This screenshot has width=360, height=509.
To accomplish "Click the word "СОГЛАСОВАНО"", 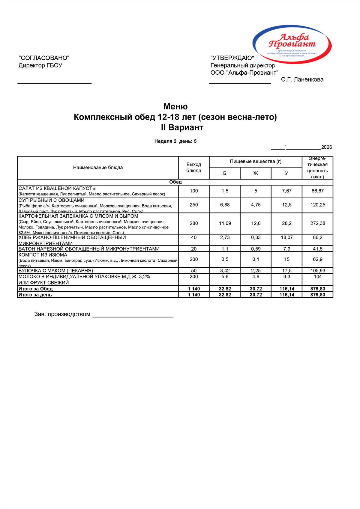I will (x=44, y=58).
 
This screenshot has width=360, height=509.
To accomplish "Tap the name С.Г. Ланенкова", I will (x=302, y=79).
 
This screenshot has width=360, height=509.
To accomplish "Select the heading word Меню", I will (x=175, y=106).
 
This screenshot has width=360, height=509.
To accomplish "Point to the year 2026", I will (x=326, y=147).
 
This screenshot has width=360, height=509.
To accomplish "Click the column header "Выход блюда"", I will (x=194, y=168).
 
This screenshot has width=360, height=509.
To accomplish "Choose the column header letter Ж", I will (x=256, y=173).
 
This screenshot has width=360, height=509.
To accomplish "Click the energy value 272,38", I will (x=318, y=223).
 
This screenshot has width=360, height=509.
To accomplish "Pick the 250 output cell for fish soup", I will (x=194, y=205).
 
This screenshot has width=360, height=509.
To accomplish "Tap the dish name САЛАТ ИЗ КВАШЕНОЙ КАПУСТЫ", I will (x=58, y=189).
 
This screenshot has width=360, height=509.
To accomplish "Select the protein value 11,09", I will (x=225, y=223).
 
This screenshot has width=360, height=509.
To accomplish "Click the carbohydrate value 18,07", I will (x=286, y=237).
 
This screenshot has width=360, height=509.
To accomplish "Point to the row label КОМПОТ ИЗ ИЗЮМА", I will (x=43, y=255).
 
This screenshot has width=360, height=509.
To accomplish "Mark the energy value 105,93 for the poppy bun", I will (x=318, y=271).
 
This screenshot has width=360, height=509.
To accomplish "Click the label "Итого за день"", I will (x=35, y=295).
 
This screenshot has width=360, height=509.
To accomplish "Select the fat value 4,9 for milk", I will (x=256, y=277).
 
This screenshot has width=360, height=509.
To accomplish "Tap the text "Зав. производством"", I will (x=62, y=314).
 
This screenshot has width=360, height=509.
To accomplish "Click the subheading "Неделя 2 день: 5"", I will (x=175, y=141).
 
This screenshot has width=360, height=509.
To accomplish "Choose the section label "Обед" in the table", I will (x=175, y=182).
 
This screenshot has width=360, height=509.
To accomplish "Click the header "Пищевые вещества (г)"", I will (x=256, y=162).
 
